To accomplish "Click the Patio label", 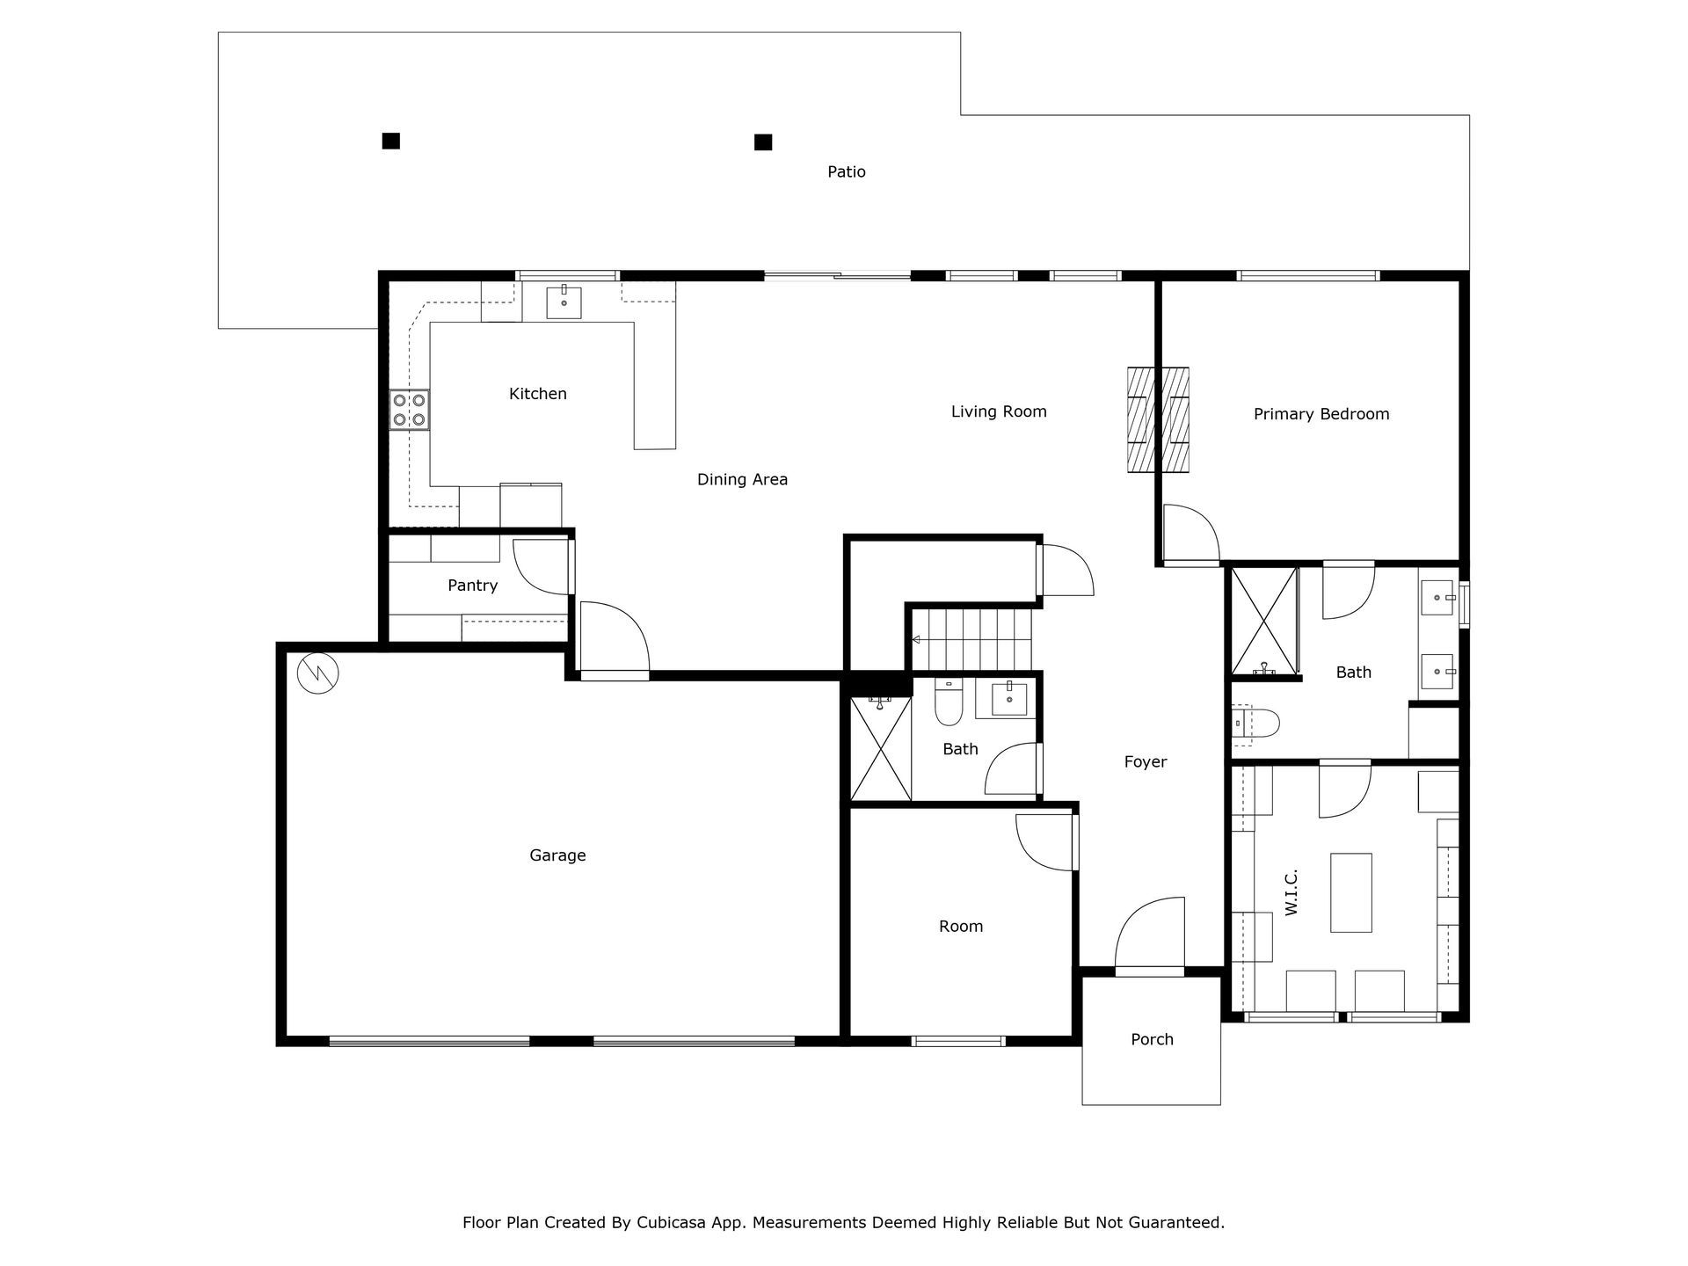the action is click(x=846, y=172).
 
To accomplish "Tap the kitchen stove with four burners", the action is click(x=410, y=410).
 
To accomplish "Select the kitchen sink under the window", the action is click(x=564, y=302).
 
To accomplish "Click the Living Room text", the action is click(x=999, y=411).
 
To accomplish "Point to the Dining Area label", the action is click(x=742, y=479).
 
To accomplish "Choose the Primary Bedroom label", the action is click(x=1321, y=414).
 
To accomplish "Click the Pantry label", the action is click(x=472, y=586).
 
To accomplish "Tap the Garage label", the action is click(x=557, y=855).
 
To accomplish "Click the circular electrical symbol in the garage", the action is click(x=317, y=673).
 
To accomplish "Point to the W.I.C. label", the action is click(x=1291, y=893).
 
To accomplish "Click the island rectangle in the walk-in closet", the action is click(x=1351, y=892).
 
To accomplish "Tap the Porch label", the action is click(x=1152, y=1040).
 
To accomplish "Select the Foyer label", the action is click(x=1146, y=762).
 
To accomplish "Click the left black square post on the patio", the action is click(x=391, y=141).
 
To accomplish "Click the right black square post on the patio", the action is click(x=763, y=142).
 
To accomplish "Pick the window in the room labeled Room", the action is click(x=958, y=1041).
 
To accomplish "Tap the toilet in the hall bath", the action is click(x=949, y=703).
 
